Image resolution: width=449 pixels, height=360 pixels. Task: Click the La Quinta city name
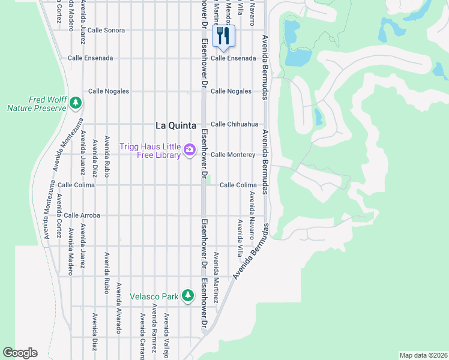click(x=175, y=125)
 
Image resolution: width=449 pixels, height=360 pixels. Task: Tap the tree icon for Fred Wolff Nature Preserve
click(x=75, y=103)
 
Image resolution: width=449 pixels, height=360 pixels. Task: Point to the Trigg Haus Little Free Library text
click(x=150, y=151)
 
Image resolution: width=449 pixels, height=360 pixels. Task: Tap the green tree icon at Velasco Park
click(x=188, y=296)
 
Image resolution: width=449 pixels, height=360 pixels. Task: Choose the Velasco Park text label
click(x=155, y=296)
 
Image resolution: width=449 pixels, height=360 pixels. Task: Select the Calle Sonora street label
click(x=106, y=30)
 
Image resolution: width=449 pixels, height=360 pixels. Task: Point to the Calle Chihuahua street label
click(x=234, y=124)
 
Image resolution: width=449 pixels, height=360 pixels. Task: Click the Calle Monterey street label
click(x=233, y=154)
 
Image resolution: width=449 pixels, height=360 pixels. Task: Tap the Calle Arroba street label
click(x=82, y=215)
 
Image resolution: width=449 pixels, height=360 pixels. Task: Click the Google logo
click(x=20, y=353)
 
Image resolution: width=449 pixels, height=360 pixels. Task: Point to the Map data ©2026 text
click(x=423, y=355)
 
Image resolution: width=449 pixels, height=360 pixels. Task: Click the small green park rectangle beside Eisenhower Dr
click(x=209, y=180)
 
